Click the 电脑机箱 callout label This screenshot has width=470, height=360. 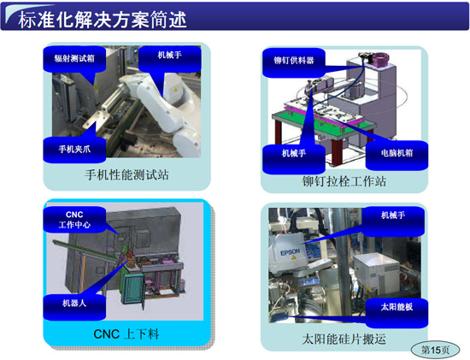pyautogui.click(x=390, y=153)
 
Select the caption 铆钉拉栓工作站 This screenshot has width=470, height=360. pyautogui.click(x=344, y=180)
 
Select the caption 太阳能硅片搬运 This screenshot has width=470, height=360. pyautogui.click(x=344, y=339)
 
